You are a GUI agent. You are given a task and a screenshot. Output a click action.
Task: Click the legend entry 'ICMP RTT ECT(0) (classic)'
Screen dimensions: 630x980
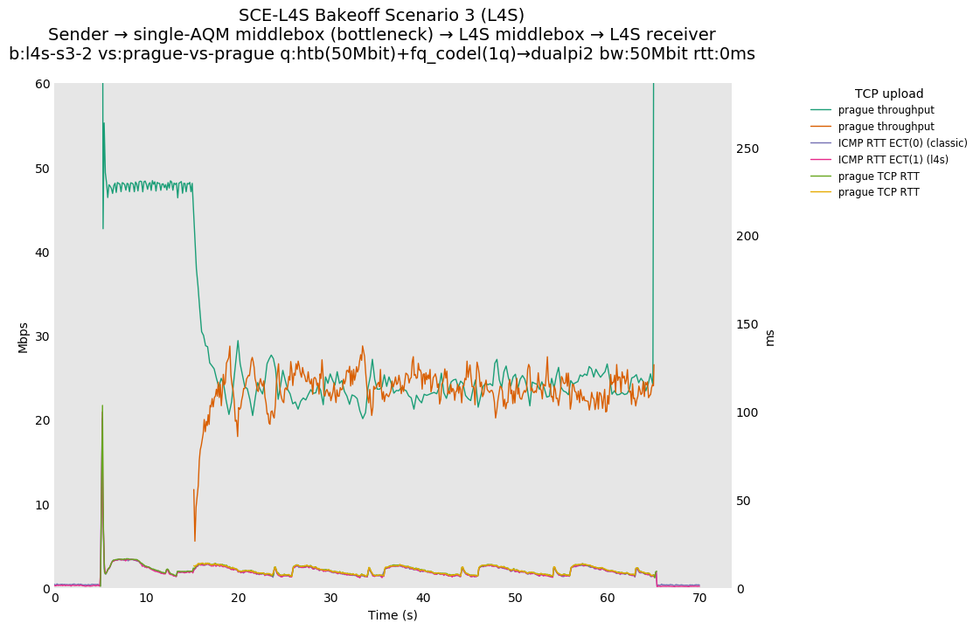[902, 143]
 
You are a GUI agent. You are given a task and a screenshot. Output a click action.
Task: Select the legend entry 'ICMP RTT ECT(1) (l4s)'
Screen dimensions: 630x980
[893, 160]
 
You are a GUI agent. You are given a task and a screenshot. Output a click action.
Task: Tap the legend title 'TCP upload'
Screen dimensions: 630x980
[888, 93]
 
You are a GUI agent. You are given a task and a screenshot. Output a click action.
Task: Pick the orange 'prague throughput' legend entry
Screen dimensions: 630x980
[886, 127]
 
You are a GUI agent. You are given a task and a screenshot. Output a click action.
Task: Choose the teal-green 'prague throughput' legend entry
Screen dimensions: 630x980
[886, 110]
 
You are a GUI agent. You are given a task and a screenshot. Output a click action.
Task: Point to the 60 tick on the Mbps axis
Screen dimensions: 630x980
[42, 84]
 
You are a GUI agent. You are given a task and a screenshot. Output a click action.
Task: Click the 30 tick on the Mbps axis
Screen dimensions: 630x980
[42, 336]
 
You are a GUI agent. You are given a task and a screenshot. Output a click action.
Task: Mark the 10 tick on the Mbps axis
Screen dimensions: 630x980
[42, 505]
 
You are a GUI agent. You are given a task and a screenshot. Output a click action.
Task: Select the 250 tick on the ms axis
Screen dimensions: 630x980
[747, 149]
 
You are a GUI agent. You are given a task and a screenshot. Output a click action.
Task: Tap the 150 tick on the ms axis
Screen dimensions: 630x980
[747, 325]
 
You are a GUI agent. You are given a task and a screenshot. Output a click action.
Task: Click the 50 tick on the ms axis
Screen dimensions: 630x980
[744, 501]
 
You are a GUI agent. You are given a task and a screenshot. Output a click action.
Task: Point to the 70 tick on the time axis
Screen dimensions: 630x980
[699, 599]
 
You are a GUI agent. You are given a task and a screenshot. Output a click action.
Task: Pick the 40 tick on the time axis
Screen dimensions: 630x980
[423, 599]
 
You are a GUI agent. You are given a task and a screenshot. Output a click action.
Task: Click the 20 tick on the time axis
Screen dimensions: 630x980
[239, 599]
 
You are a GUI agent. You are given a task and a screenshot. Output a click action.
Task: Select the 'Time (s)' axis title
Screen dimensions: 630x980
[393, 615]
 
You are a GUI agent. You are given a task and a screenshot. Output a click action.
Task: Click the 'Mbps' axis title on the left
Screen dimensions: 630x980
[24, 337]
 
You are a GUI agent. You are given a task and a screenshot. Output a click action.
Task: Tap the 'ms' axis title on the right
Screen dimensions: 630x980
[769, 337]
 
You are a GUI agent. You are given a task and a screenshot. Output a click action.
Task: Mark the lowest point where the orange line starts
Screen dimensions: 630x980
[195, 541]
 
